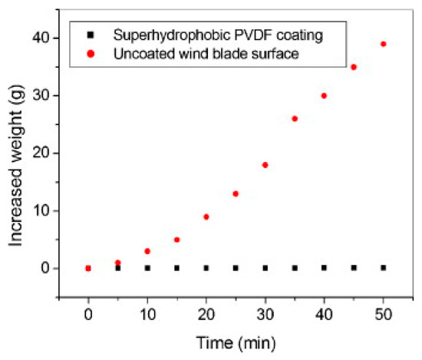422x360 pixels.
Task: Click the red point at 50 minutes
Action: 383,44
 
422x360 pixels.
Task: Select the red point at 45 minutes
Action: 354,67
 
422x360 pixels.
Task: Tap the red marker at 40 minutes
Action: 324,96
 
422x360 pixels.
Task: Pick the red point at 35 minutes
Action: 295,119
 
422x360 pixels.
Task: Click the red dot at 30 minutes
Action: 265,165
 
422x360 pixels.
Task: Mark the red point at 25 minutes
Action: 236,193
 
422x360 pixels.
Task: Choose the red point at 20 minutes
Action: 206,216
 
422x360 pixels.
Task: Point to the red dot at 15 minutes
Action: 176,239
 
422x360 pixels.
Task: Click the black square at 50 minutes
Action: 383,268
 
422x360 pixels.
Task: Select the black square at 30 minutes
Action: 265,268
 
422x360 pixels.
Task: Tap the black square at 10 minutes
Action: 147,268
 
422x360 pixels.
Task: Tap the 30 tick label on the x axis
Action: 265,316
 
